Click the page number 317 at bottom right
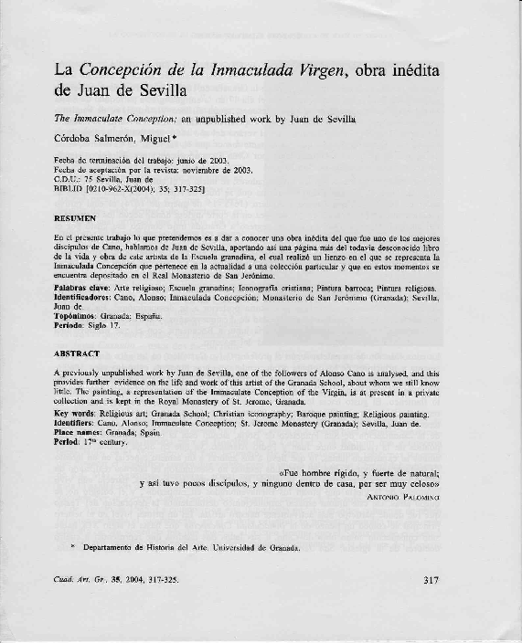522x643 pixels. [x=433, y=579]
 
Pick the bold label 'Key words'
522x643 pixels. [x=76, y=414]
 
